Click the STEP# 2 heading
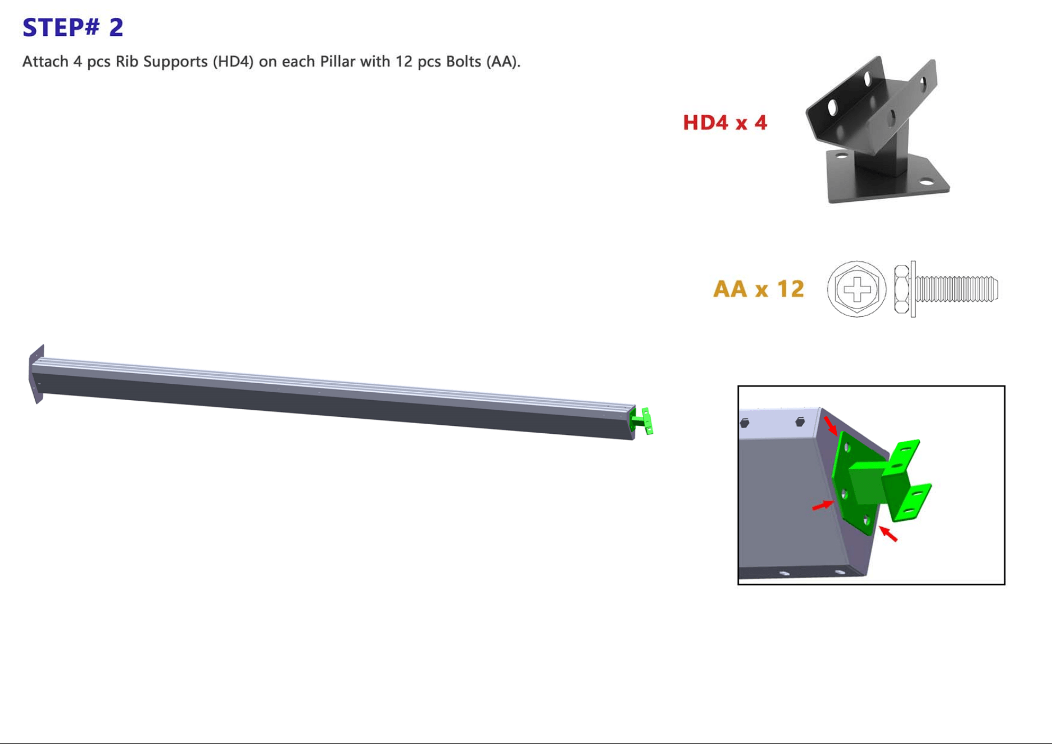coord(72,28)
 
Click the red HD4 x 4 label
coord(724,123)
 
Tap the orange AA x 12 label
coord(758,289)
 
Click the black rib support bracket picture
coord(877,130)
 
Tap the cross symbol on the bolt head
coord(856,289)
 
